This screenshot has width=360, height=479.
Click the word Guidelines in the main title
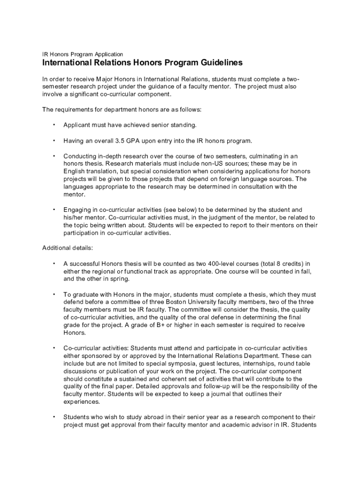pos(214,63)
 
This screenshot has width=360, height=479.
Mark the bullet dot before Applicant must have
pos(54,125)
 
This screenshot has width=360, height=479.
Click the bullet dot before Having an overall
pos(54,140)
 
